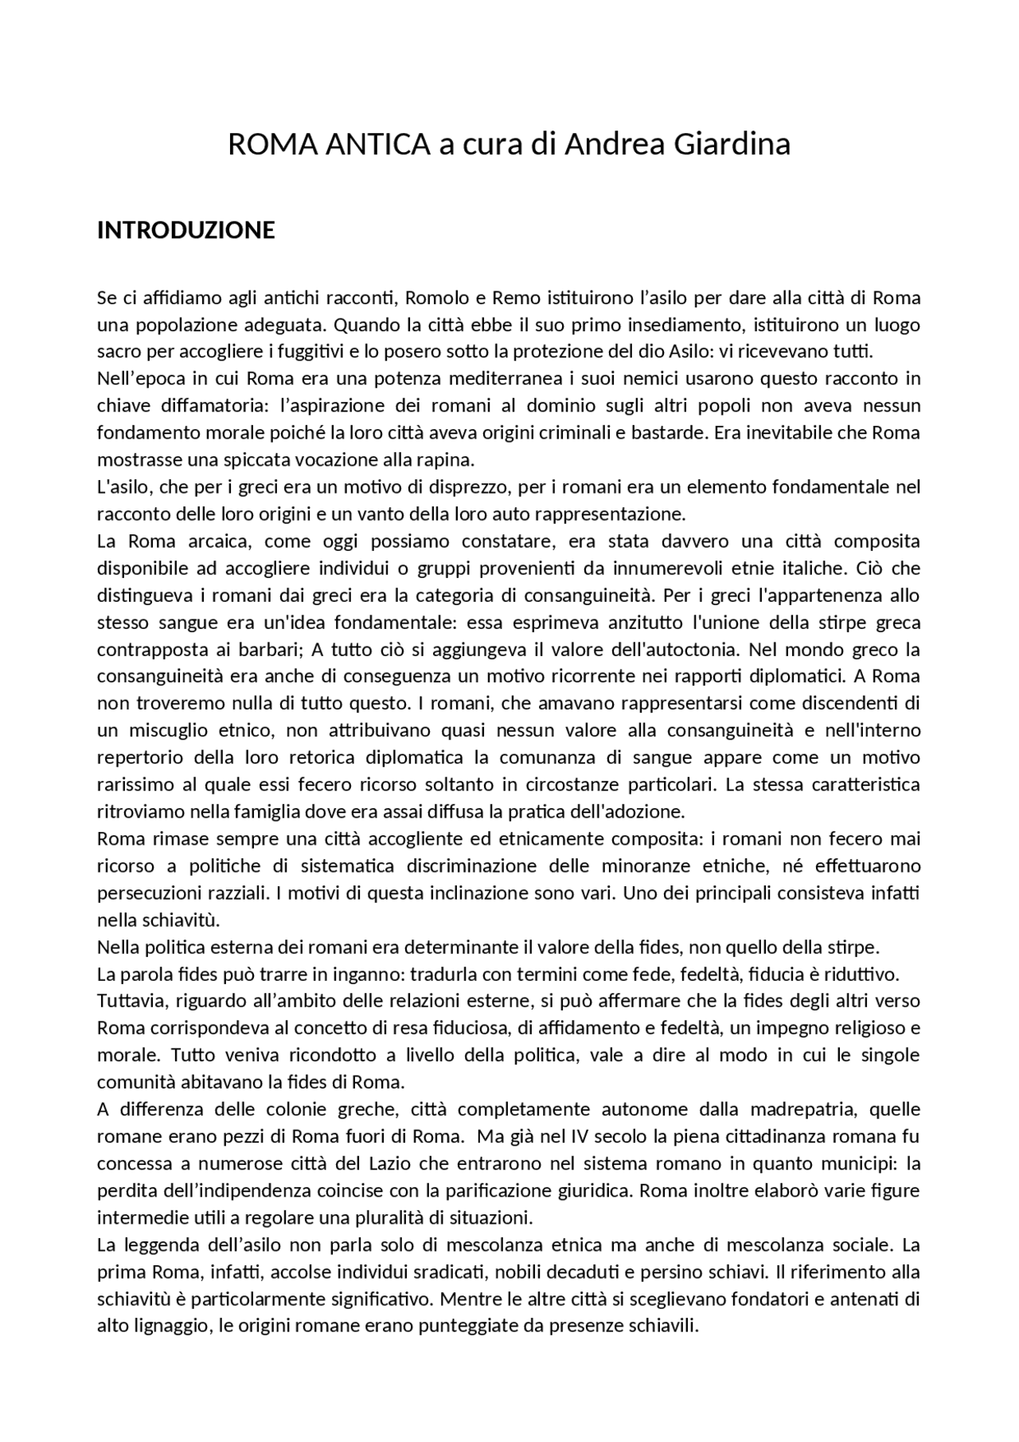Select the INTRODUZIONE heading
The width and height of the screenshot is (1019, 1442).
185,230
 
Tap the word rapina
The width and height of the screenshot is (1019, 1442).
447,460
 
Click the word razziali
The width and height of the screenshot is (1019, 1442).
241,893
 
